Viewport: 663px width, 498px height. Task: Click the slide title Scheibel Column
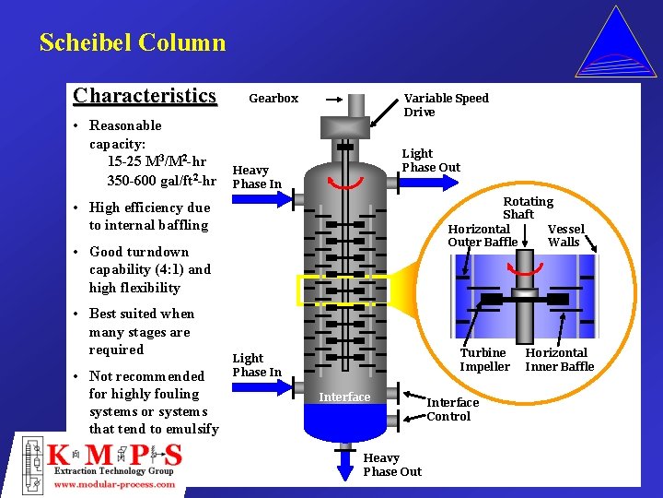click(x=132, y=42)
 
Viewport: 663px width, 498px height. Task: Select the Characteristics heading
click(x=145, y=96)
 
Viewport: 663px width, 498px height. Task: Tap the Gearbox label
click(x=273, y=99)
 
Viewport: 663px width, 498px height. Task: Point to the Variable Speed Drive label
click(x=446, y=105)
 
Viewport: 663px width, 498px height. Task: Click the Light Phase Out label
click(x=430, y=160)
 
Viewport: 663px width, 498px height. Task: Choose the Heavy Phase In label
click(x=256, y=176)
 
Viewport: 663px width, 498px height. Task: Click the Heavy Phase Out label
click(x=391, y=465)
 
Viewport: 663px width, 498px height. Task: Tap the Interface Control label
click(x=452, y=409)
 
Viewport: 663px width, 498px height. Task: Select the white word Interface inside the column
click(x=344, y=397)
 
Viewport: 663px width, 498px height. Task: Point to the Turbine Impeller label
click(x=484, y=360)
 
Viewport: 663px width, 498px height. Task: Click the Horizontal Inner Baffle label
click(x=559, y=360)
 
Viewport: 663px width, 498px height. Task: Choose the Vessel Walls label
click(x=564, y=235)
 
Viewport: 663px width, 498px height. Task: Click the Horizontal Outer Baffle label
click(x=482, y=235)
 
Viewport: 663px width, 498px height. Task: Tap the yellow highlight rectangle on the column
click(x=343, y=290)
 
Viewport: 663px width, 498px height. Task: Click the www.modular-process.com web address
click(x=115, y=484)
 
